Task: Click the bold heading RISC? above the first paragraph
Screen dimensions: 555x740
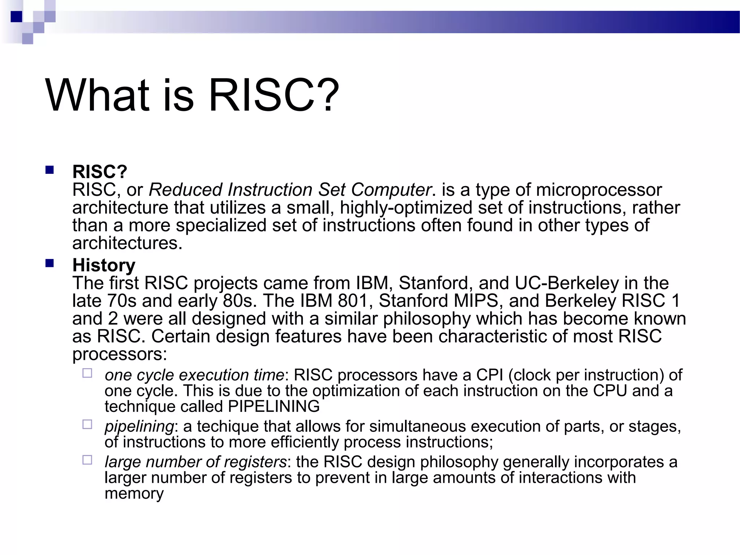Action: click(100, 172)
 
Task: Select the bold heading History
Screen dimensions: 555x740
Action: click(104, 266)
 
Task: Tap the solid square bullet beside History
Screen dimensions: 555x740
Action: click(50, 263)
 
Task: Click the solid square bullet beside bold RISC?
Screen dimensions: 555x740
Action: click(50, 170)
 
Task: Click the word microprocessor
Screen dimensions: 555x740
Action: click(599, 190)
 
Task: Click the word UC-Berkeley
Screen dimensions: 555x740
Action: click(566, 283)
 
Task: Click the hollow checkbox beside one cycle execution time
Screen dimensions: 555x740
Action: click(87, 373)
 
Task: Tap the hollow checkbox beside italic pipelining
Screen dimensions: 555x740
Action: click(87, 424)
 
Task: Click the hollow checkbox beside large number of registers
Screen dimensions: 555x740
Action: click(87, 460)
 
